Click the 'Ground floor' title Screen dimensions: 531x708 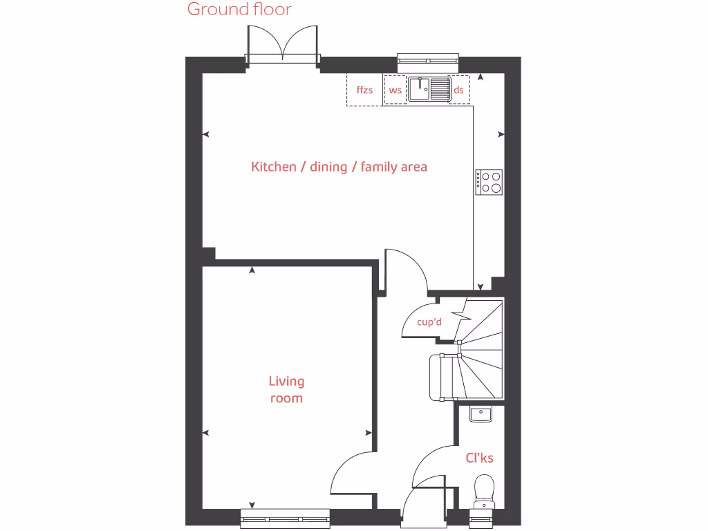239,10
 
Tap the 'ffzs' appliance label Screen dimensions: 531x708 364,90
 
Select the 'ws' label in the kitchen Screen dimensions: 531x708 395,90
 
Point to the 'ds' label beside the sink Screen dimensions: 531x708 458,90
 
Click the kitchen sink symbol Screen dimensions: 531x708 429,89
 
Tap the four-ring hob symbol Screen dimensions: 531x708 489,181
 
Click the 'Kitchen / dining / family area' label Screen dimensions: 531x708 339,167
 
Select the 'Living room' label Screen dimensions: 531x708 286,389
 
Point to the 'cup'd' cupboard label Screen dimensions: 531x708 429,322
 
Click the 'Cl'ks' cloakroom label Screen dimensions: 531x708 479,458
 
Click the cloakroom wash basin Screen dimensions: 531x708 480,414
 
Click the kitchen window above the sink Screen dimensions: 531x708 429,63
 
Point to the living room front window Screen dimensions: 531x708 286,517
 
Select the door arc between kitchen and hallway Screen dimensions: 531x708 408,270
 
